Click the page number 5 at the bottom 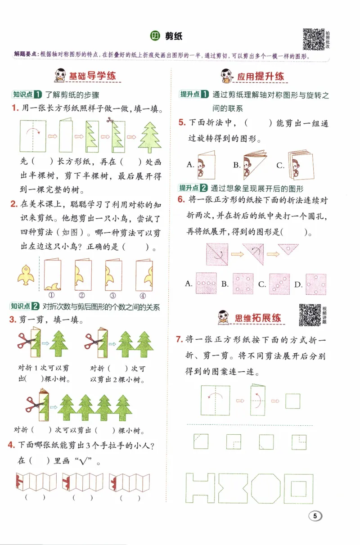(316, 517)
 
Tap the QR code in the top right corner (313, 39)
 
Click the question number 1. (15, 108)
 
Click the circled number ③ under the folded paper (112, 296)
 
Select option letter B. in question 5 (237, 165)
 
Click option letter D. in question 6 (298, 284)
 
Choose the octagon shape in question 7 (265, 488)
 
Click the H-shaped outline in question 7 (200, 488)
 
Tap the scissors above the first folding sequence (110, 120)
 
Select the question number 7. (179, 339)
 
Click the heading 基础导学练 (92, 76)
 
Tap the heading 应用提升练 (261, 77)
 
